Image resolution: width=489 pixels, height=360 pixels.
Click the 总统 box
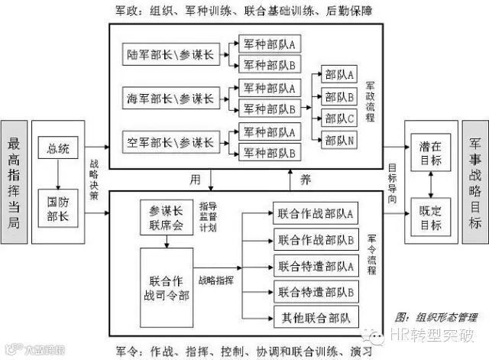(x=58, y=149)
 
